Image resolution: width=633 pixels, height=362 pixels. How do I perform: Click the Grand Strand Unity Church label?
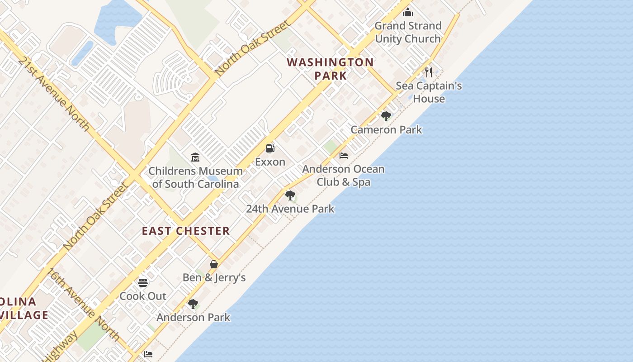pos(408,32)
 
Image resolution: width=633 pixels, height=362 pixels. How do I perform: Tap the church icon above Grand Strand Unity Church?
pos(408,12)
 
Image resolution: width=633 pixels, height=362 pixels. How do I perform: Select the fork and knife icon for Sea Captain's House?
pos(429,72)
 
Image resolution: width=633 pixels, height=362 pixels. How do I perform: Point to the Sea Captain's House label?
pos(429,92)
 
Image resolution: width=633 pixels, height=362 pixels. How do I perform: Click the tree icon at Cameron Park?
pos(386,116)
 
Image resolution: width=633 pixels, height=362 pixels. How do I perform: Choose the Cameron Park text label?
pos(386,130)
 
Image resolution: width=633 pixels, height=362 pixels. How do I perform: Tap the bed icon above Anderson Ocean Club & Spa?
pos(344,156)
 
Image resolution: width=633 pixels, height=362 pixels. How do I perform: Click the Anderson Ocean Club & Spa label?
pos(344,176)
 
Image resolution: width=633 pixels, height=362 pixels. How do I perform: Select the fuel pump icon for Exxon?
pos(270,148)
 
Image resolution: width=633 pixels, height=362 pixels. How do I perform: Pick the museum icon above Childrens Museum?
pos(195,157)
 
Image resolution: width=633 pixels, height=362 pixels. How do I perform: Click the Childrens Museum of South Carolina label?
pos(195,177)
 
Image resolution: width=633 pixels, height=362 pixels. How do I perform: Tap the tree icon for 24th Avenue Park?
pos(290,195)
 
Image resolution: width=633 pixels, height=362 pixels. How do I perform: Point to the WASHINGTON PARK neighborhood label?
pos(331,69)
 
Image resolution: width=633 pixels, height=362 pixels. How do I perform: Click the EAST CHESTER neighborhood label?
pos(186,231)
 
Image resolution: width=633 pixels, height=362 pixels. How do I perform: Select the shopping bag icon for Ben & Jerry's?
pos(214,264)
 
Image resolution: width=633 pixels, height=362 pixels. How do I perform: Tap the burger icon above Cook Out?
pos(143,283)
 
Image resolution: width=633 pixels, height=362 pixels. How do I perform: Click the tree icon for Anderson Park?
pos(193,304)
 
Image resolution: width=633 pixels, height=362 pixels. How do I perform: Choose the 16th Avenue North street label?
pos(84,305)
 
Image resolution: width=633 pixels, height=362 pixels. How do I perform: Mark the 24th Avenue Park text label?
pos(290,209)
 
